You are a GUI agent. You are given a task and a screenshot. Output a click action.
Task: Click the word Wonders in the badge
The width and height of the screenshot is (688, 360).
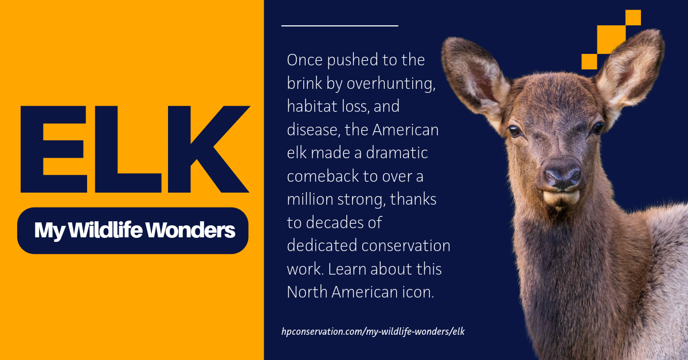190,230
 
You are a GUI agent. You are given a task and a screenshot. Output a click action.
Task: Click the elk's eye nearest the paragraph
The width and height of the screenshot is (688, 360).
514,130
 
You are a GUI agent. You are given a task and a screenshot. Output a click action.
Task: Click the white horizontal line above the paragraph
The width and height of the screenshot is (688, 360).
339,26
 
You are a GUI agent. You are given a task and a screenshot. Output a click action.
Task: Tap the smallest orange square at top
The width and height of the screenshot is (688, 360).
633,18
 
